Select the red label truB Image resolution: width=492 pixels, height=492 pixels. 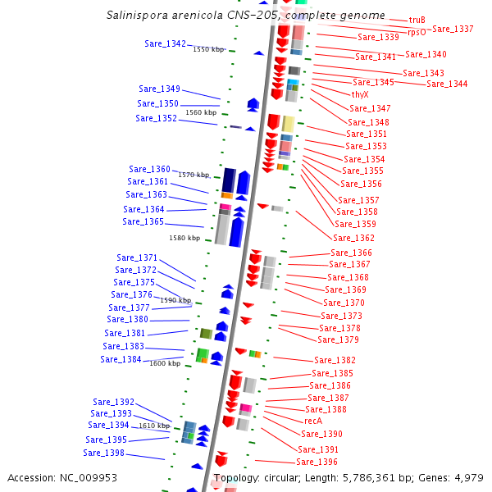point(417,20)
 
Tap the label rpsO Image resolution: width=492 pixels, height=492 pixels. point(417,33)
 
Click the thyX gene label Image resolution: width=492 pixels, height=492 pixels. point(360,95)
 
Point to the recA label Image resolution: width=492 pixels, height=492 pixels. point(313,421)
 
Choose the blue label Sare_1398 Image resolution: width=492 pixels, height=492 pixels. point(103,453)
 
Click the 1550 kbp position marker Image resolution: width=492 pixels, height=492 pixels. point(208,50)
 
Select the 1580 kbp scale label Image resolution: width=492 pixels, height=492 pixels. point(184,238)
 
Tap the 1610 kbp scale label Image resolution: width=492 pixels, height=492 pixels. point(154,426)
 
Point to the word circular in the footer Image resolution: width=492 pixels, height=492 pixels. point(289,477)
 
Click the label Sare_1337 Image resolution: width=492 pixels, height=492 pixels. point(453,29)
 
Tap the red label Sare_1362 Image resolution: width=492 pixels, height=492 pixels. point(353,238)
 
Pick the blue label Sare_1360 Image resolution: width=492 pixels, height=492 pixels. point(150,169)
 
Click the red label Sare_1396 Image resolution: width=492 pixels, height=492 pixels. point(317,462)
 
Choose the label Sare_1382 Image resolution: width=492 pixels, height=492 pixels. point(335,360)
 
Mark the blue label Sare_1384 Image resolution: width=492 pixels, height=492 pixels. point(121,359)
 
